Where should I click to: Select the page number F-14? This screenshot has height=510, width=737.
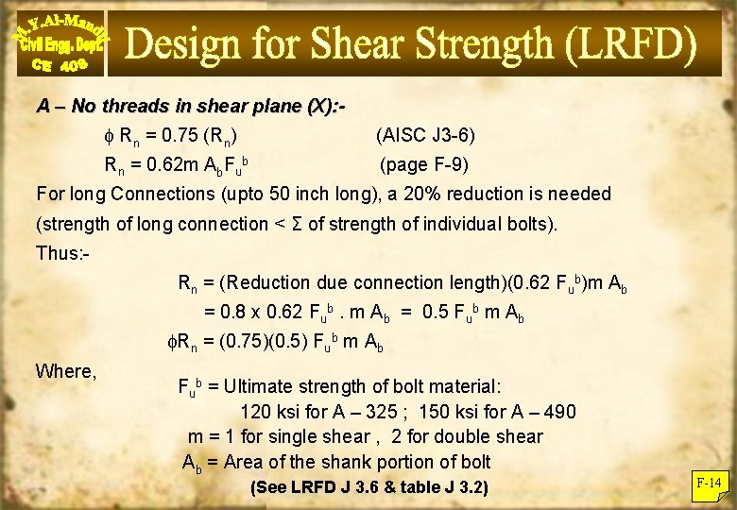click(708, 484)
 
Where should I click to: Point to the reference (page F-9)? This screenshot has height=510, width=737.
click(423, 164)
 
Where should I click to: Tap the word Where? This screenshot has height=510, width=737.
click(66, 371)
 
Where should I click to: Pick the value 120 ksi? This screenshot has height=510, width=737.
click(269, 412)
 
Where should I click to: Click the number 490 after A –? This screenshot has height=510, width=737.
click(557, 412)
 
